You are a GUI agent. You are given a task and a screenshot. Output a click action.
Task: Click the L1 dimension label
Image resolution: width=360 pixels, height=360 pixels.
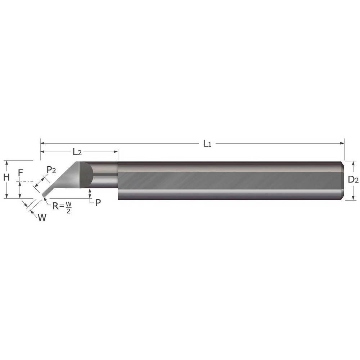click(x=207, y=144)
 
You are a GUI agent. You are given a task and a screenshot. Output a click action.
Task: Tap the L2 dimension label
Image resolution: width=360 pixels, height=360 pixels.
click(x=77, y=152)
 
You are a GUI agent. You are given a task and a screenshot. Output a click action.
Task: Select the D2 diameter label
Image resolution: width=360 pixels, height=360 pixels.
click(x=354, y=180)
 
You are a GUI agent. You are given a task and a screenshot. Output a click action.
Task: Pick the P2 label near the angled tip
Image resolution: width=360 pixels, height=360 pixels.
click(x=51, y=170)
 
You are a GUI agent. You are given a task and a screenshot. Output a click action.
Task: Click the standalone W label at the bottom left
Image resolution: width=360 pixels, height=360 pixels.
click(x=42, y=217)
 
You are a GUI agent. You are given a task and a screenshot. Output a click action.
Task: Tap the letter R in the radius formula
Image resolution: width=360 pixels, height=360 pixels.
click(x=55, y=206)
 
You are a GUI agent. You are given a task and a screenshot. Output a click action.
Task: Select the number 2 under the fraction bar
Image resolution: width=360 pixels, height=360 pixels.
click(x=68, y=211)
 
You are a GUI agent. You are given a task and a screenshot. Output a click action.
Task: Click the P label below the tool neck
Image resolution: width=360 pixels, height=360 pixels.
click(x=98, y=202)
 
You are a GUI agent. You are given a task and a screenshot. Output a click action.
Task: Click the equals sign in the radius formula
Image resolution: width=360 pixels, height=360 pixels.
click(x=62, y=206)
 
